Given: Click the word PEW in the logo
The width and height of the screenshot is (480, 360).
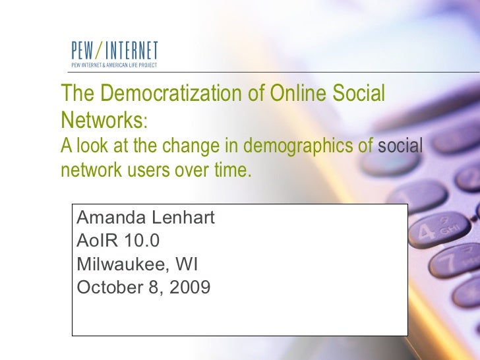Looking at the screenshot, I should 84,50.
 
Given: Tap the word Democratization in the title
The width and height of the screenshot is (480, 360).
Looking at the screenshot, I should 175,94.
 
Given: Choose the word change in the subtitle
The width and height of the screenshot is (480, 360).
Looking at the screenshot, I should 206,146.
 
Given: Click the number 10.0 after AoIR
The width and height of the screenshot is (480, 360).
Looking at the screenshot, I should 141,241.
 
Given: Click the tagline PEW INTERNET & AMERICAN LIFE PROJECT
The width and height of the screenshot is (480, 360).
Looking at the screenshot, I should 113,65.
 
